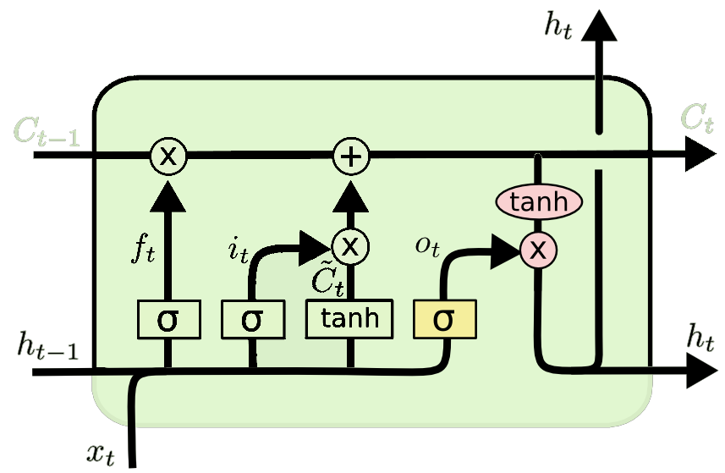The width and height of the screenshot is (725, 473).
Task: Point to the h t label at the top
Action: click(559, 26)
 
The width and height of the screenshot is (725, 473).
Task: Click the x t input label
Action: click(100, 454)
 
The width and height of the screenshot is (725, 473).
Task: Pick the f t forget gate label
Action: click(144, 250)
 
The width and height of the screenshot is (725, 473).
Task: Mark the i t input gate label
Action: click(239, 250)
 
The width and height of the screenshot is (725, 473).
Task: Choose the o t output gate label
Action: click(427, 246)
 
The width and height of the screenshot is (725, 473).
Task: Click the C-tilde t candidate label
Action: click(327, 279)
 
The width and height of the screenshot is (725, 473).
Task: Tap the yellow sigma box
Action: click(444, 320)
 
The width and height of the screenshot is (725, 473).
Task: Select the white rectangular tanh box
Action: click(349, 319)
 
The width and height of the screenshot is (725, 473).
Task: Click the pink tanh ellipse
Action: click(538, 202)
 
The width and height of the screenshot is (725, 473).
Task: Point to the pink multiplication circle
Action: click(538, 250)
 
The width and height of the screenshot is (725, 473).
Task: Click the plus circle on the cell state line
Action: click(350, 156)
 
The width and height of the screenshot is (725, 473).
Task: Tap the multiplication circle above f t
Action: click(168, 156)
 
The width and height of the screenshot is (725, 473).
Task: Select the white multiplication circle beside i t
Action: click(350, 246)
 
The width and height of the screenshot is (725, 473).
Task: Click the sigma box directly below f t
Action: click(168, 320)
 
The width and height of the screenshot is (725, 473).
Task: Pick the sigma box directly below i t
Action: click(252, 320)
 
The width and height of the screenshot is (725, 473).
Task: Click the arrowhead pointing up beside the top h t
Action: click(599, 27)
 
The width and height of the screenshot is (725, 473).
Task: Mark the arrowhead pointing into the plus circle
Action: click(350, 196)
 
